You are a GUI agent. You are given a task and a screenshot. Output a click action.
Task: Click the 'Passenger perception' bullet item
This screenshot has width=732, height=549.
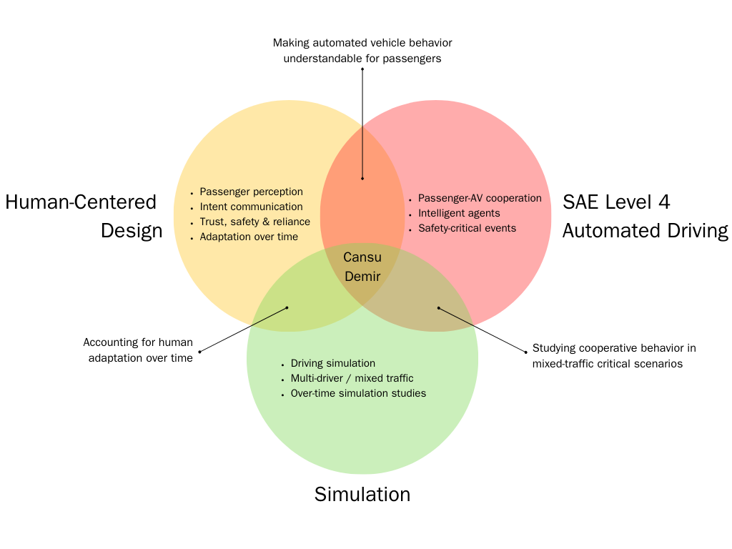pyautogui.click(x=251, y=192)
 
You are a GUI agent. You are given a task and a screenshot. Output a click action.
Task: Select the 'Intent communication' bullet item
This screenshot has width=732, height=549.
pyautogui.click(x=251, y=207)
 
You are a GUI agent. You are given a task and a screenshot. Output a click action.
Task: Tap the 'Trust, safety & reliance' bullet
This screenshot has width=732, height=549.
pyautogui.click(x=254, y=222)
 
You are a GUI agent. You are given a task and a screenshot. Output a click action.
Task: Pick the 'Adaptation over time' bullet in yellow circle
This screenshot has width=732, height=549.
pyautogui.click(x=249, y=237)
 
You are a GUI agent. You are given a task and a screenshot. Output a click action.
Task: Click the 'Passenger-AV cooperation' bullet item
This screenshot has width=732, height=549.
pyautogui.click(x=480, y=198)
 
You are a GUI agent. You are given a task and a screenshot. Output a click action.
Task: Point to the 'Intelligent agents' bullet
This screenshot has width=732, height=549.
pyautogui.click(x=459, y=213)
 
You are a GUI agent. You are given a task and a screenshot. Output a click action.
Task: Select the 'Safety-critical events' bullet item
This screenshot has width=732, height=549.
pyautogui.click(x=467, y=228)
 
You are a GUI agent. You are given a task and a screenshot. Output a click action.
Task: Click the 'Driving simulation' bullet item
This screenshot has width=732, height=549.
pyautogui.click(x=332, y=363)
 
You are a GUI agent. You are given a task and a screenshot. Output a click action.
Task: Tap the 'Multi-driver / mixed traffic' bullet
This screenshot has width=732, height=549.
pyautogui.click(x=352, y=378)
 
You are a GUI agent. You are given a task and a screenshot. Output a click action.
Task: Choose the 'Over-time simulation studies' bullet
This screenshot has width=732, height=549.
pyautogui.click(x=358, y=393)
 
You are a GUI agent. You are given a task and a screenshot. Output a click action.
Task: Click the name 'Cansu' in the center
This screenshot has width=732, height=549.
pyautogui.click(x=362, y=257)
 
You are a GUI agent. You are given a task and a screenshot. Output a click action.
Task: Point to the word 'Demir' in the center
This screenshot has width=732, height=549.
pyautogui.click(x=362, y=275)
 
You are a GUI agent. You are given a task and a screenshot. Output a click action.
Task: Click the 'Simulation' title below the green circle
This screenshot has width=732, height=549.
pyautogui.click(x=362, y=494)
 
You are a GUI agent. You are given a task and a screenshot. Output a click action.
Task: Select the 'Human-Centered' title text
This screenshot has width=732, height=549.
pyautogui.click(x=81, y=202)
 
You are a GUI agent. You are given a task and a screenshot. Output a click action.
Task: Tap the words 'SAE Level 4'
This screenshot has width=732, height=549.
pyautogui.click(x=616, y=202)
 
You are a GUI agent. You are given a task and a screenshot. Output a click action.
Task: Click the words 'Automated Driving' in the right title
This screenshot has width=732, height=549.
pyautogui.click(x=645, y=231)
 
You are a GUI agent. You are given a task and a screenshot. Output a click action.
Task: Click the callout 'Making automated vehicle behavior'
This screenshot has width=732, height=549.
pyautogui.click(x=362, y=43)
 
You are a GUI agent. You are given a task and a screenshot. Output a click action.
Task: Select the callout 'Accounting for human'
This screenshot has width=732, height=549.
pyautogui.click(x=138, y=342)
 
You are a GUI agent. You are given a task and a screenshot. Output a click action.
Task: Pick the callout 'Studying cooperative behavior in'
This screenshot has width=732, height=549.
pyautogui.click(x=614, y=348)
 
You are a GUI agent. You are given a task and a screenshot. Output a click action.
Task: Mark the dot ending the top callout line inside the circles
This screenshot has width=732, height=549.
pyautogui.click(x=362, y=179)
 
